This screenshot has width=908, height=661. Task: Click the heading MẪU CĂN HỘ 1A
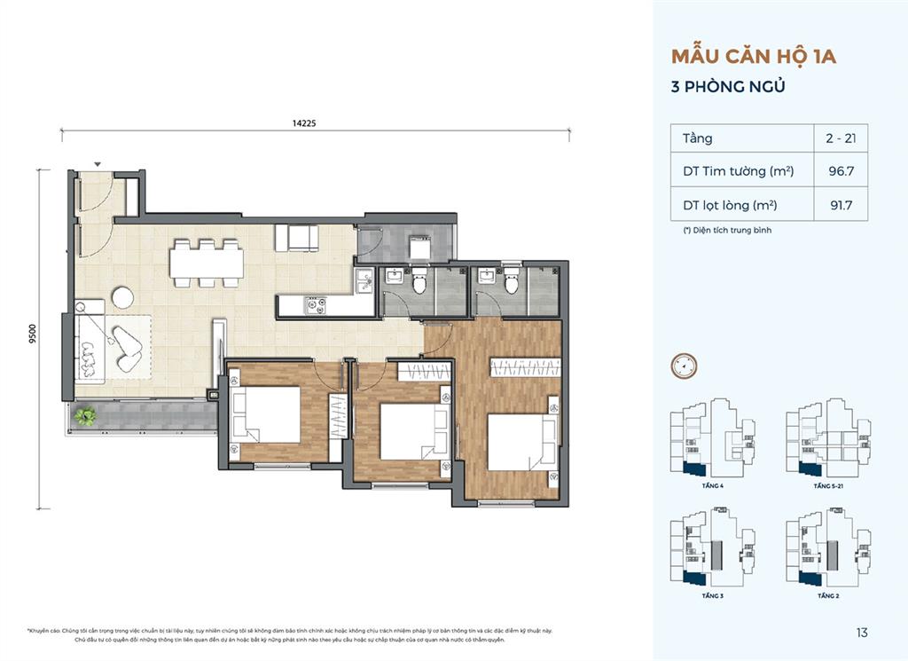pos(754,58)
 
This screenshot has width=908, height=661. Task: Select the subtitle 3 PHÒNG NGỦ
pos(729,88)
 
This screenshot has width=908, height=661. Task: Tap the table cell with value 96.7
pos(841,171)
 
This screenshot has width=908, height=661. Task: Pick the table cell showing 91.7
pos(841,205)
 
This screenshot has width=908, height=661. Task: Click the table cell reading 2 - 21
pos(841,138)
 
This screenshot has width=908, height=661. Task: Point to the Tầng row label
pos(698,138)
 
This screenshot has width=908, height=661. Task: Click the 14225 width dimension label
pos(303,124)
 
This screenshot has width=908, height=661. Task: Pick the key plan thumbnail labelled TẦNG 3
pos(712,555)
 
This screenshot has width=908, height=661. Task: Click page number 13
pos(862,633)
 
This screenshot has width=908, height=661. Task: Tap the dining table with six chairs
pos(207,264)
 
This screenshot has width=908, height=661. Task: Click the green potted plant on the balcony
pos(86,415)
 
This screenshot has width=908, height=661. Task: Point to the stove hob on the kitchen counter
pos(315,305)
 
